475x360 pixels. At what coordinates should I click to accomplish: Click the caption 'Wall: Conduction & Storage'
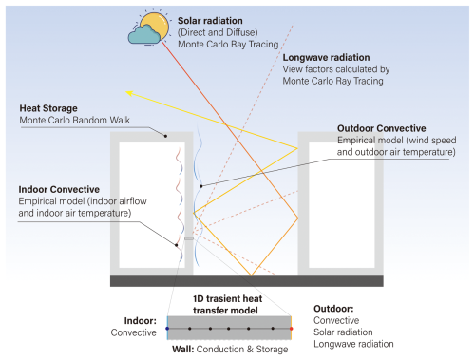point(228,349)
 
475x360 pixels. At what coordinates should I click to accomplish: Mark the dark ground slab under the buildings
point(247,281)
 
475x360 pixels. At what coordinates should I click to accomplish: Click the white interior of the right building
point(340,209)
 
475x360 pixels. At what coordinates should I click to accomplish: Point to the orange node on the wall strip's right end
point(290,330)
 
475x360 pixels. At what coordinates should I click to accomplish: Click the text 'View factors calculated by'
point(337,69)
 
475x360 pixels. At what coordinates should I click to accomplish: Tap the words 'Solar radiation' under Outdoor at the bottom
point(351,334)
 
